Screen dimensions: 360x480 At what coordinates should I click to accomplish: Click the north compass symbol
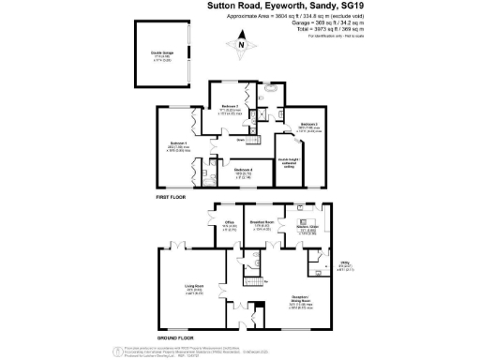[x=242, y=44]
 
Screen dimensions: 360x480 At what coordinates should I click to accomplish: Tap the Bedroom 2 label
[x=309, y=124]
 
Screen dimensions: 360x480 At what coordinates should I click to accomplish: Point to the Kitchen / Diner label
[x=307, y=227]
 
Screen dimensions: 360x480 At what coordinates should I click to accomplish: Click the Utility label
[x=344, y=265]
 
